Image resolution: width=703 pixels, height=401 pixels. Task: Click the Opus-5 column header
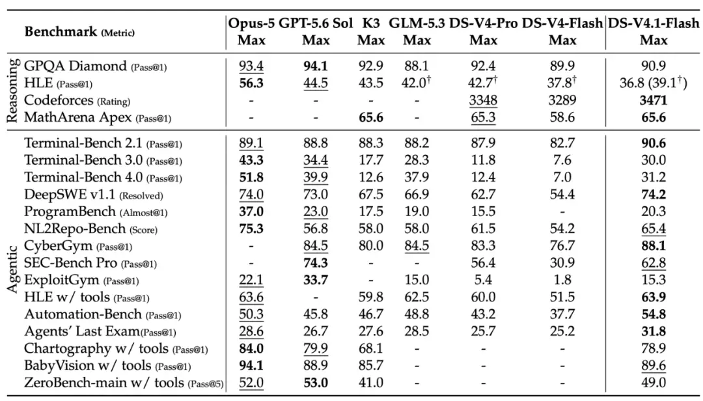click(251, 23)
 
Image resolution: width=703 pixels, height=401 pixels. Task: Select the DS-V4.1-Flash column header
click(654, 23)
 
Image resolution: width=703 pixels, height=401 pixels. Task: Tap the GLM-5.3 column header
click(417, 23)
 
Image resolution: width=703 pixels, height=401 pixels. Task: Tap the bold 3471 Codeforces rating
click(654, 100)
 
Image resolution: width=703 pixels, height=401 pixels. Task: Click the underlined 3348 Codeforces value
click(483, 100)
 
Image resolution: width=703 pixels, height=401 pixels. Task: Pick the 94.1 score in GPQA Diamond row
click(316, 66)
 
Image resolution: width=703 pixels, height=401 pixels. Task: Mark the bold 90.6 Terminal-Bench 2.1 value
click(654, 143)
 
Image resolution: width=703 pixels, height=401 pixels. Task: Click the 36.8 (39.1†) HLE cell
click(654, 83)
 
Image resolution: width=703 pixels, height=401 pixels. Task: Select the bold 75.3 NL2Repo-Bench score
click(251, 228)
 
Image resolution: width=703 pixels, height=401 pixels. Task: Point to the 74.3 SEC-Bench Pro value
click(316, 263)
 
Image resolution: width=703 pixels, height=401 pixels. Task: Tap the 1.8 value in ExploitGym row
click(562, 280)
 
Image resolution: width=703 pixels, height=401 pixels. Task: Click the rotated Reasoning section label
click(12, 90)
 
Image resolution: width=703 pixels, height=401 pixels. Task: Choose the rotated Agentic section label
click(12, 269)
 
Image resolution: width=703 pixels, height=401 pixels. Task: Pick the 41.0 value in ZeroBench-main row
click(371, 383)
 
